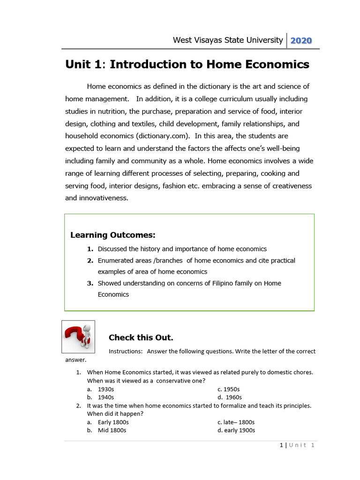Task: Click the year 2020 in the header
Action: (x=301, y=40)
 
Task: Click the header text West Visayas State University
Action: (x=228, y=40)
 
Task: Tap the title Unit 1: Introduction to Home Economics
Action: (x=187, y=65)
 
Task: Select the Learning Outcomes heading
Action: (x=112, y=235)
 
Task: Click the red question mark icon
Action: (x=78, y=337)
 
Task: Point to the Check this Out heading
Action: (x=141, y=337)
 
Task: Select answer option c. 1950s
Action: (x=229, y=389)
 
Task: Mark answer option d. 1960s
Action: (x=230, y=397)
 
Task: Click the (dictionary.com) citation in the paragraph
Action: (x=163, y=136)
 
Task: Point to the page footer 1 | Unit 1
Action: (x=297, y=445)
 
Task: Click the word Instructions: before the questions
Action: (x=125, y=351)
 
